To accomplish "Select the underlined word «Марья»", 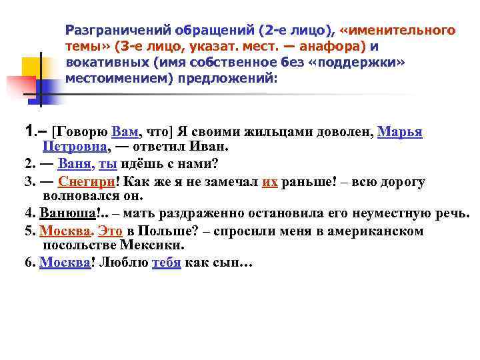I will pyautogui.click(x=399, y=131).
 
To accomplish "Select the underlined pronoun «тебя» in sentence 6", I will pyautogui.click(x=167, y=262).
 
